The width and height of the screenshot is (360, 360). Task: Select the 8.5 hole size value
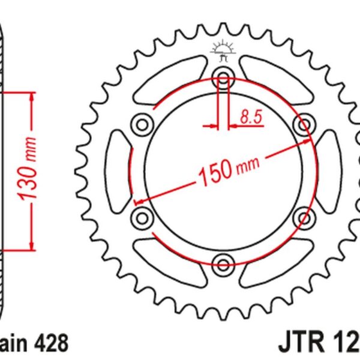click(x=252, y=118)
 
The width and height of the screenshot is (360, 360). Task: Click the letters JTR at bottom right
click(x=300, y=344)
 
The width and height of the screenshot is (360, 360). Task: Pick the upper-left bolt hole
click(x=143, y=124)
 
